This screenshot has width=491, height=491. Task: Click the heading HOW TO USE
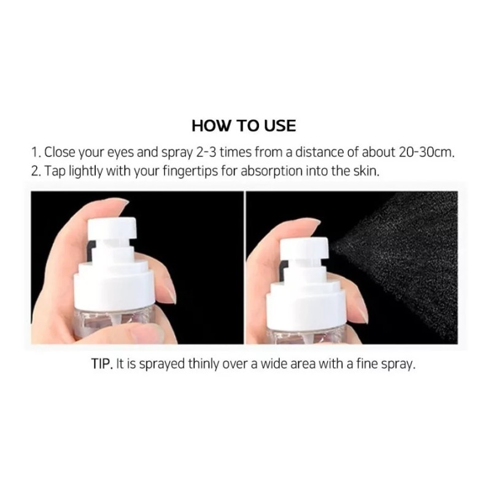click(244, 126)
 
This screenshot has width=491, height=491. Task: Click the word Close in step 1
click(60, 152)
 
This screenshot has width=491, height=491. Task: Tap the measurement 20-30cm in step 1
click(427, 152)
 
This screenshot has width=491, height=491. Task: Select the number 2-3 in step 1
click(206, 152)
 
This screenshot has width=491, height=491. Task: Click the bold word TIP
click(102, 364)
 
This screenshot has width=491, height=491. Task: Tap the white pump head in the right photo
click(304, 249)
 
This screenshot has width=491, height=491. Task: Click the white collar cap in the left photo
click(114, 284)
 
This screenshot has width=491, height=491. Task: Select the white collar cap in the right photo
click(306, 301)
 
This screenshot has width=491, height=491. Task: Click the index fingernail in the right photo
click(313, 222)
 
